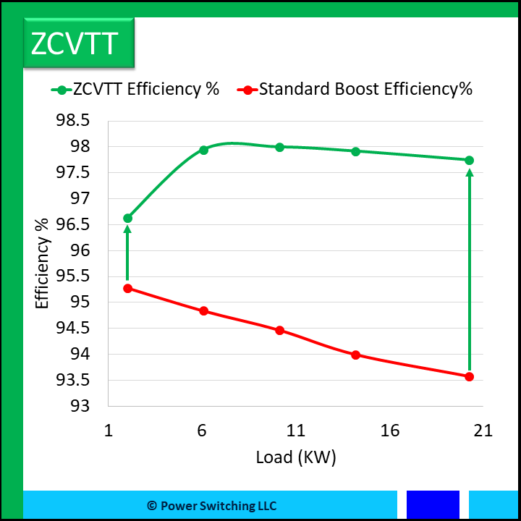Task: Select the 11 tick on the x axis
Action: pyautogui.click(x=296, y=431)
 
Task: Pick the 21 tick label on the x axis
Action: pyautogui.click(x=483, y=431)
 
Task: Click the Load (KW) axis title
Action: pyautogui.click(x=296, y=457)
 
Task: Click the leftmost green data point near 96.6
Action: pyautogui.click(x=128, y=218)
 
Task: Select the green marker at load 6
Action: pyautogui.click(x=204, y=150)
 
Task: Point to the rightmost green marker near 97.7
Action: pyautogui.click(x=469, y=160)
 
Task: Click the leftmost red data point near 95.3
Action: pyautogui.click(x=128, y=288)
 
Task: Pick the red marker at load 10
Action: pyautogui.click(x=280, y=330)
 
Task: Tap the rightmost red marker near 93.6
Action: pyautogui.click(x=469, y=376)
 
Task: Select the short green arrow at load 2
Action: pyautogui.click(x=128, y=253)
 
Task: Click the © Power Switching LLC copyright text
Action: pyautogui.click(x=211, y=506)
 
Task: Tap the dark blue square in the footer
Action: pyautogui.click(x=433, y=505)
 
